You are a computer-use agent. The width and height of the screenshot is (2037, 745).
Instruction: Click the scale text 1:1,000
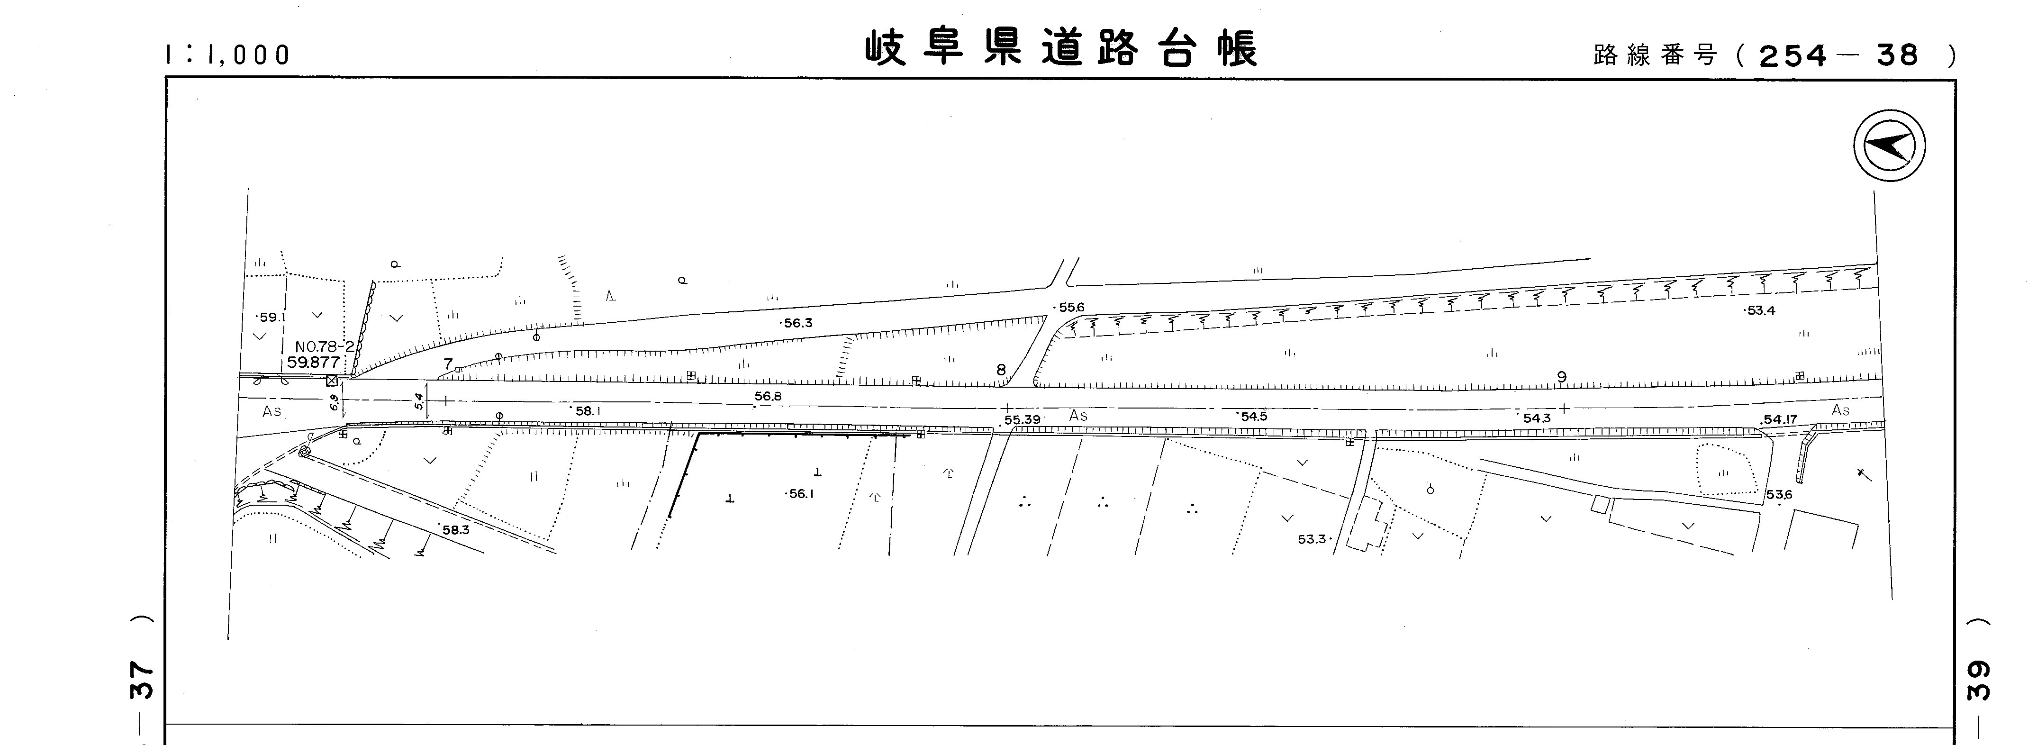228,55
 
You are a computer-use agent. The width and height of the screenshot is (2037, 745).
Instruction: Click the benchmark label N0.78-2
324,346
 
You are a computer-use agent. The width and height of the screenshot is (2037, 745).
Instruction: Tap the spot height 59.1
271,317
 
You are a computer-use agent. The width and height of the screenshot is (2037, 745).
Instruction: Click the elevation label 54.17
1780,420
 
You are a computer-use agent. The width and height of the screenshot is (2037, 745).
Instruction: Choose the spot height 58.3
455,530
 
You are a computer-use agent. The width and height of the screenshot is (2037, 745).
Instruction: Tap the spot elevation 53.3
1312,539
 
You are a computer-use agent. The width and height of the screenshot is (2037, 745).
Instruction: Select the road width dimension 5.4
419,401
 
